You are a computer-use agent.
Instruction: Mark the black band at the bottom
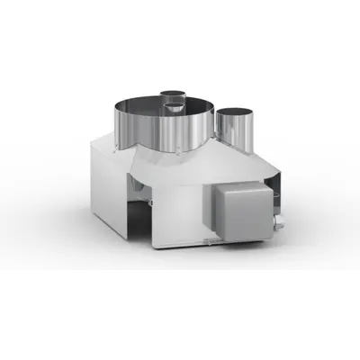180,315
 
